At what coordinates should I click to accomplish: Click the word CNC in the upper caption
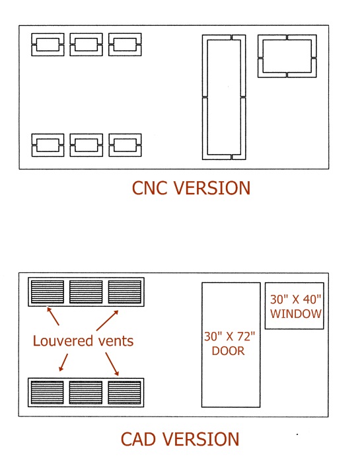(150, 188)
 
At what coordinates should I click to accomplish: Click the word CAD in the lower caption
(138, 439)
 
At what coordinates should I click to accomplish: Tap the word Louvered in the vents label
(59, 341)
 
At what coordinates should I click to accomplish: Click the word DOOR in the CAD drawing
(228, 351)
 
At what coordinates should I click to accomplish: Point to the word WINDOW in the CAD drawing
(296, 314)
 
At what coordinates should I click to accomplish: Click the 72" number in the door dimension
(246, 337)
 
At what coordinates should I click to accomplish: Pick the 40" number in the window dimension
(312, 299)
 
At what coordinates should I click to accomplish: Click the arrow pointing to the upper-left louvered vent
(53, 316)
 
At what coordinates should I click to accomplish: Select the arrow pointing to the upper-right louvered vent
(107, 320)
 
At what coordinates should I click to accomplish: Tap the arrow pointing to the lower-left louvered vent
(63, 362)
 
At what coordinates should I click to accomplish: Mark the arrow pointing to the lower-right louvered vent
(112, 364)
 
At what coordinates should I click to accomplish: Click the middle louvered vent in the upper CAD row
(86, 292)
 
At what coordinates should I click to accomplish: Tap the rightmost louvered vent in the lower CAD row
(124, 393)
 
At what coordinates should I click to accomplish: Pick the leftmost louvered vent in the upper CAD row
(48, 292)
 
